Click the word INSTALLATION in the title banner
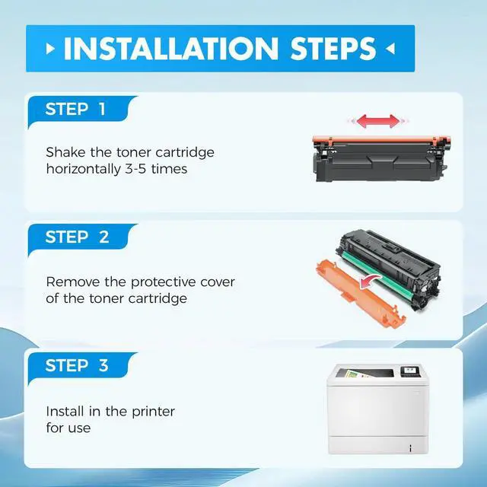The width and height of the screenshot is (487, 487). point(170,49)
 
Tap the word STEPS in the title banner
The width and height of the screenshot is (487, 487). point(333,49)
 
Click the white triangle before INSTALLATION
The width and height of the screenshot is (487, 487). point(50,49)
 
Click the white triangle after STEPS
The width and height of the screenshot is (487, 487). point(390,49)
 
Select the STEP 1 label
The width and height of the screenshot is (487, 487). point(75,109)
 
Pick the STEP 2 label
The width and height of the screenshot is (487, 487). point(77,237)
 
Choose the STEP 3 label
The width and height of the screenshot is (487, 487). point(77,365)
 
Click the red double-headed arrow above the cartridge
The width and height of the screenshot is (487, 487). point(378,121)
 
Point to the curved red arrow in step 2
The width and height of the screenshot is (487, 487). point(371,282)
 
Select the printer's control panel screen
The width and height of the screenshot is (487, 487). point(410,371)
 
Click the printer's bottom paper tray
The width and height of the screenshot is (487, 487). point(378,444)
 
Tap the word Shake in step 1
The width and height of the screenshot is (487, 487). point(65,152)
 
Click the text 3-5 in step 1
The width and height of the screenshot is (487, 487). point(135,169)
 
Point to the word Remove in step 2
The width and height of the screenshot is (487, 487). point(73,282)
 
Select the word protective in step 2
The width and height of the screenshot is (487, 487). point(163,283)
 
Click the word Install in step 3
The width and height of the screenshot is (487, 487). point(65,412)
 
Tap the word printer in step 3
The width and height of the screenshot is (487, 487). point(154,412)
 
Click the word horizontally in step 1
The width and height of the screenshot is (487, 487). point(84,169)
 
